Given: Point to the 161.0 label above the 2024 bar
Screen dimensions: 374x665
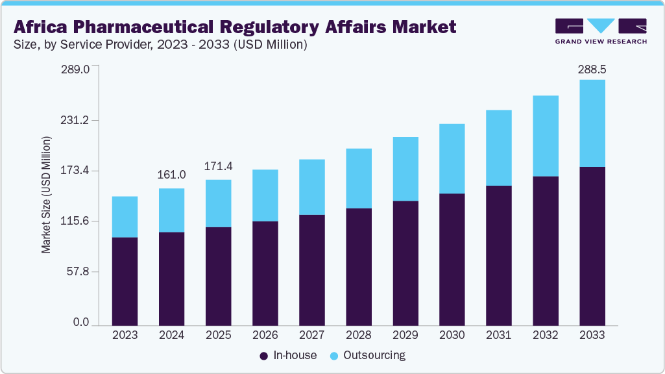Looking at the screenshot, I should coord(172,175).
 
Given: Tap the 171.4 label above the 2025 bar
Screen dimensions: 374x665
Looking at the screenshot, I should coord(219,167).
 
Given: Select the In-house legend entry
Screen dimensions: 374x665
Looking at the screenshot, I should coord(288,355).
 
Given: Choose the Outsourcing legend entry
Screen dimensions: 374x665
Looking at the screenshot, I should coord(367,355).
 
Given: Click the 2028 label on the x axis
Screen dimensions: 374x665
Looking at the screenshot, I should coord(358,335).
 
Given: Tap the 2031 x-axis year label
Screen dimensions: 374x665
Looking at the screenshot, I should coord(498,335).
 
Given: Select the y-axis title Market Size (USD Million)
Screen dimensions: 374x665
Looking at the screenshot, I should coord(46,195).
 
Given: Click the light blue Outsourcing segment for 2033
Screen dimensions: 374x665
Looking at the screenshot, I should coord(592,123).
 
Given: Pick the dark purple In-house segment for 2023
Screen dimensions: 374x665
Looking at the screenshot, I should coord(125,280).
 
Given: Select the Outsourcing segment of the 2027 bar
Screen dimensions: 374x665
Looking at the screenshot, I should coord(311,187).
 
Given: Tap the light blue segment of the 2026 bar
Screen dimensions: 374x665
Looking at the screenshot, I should coord(265,195).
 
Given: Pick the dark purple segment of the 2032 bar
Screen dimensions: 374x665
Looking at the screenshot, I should coord(545,250).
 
